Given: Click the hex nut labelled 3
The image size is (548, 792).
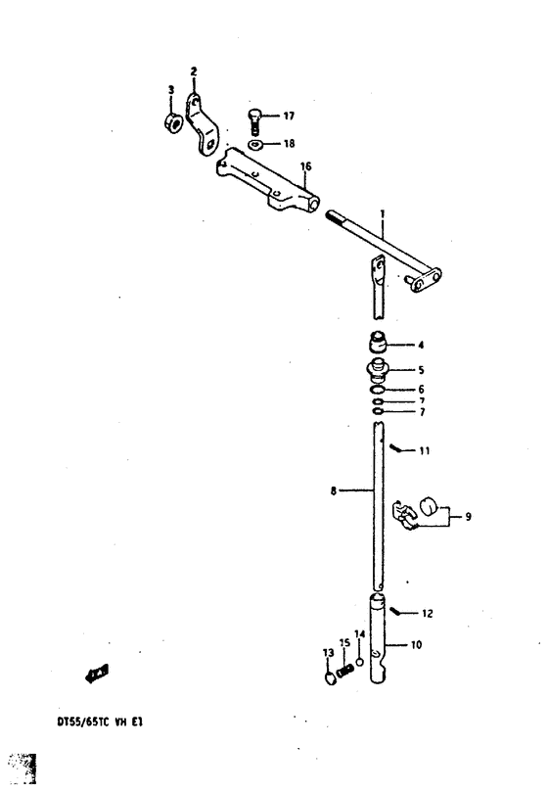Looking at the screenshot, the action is click(174, 123).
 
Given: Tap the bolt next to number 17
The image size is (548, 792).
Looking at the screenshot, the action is click(254, 121).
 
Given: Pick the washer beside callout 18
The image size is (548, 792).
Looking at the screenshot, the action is click(254, 146).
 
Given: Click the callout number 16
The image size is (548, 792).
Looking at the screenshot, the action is click(305, 166).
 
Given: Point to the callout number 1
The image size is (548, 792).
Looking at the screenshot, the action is click(383, 214).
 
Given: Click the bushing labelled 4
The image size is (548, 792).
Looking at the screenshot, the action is click(377, 342).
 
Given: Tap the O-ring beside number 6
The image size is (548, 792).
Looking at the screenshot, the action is click(377, 390).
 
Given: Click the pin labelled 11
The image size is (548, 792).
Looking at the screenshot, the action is click(397, 448).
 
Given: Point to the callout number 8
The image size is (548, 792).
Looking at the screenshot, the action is click(334, 490).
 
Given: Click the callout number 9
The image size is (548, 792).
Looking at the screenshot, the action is click(468, 517).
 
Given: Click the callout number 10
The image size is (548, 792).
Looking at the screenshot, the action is click(416, 644).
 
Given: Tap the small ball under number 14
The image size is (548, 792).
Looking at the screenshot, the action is click(359, 662).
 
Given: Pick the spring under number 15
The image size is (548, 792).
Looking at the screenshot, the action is click(345, 672).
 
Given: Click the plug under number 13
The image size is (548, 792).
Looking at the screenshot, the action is click(330, 677).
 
